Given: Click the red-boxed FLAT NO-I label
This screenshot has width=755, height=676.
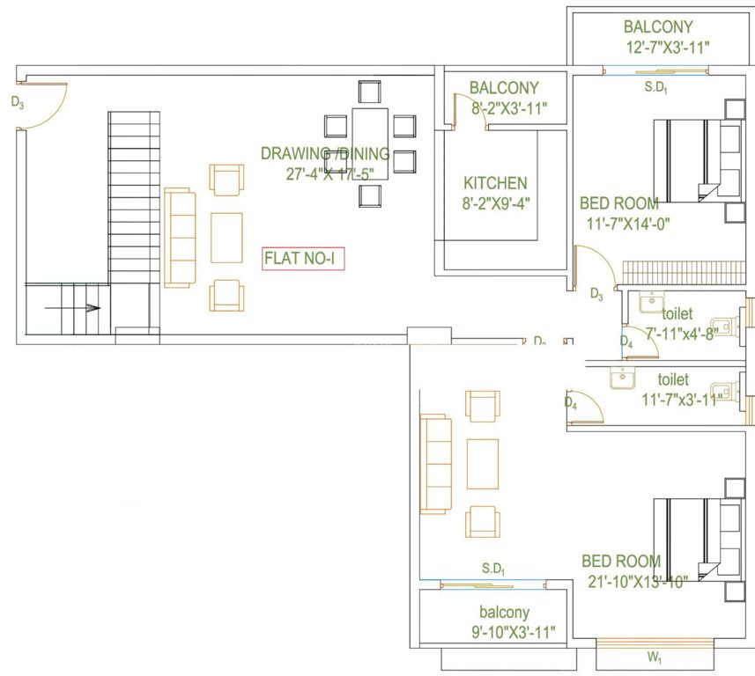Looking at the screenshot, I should (x=303, y=260).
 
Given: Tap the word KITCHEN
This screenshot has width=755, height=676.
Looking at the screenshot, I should (x=495, y=183).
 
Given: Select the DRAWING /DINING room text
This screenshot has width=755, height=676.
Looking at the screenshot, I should (x=324, y=153).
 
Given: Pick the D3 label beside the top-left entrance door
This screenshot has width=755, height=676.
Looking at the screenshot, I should (x=18, y=102).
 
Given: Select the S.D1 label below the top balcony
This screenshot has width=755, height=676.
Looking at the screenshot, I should (x=655, y=88).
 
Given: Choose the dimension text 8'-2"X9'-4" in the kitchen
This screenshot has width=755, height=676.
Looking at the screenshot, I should (x=495, y=202).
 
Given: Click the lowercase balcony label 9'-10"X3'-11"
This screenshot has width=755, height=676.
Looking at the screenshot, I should (x=513, y=631).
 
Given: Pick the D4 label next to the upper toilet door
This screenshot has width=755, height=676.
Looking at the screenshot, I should (x=626, y=342).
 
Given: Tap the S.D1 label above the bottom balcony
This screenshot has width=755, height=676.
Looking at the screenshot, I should (x=493, y=569).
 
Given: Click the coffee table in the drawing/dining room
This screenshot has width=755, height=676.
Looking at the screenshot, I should (x=227, y=237).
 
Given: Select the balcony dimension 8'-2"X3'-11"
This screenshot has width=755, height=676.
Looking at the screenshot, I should (x=508, y=107).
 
